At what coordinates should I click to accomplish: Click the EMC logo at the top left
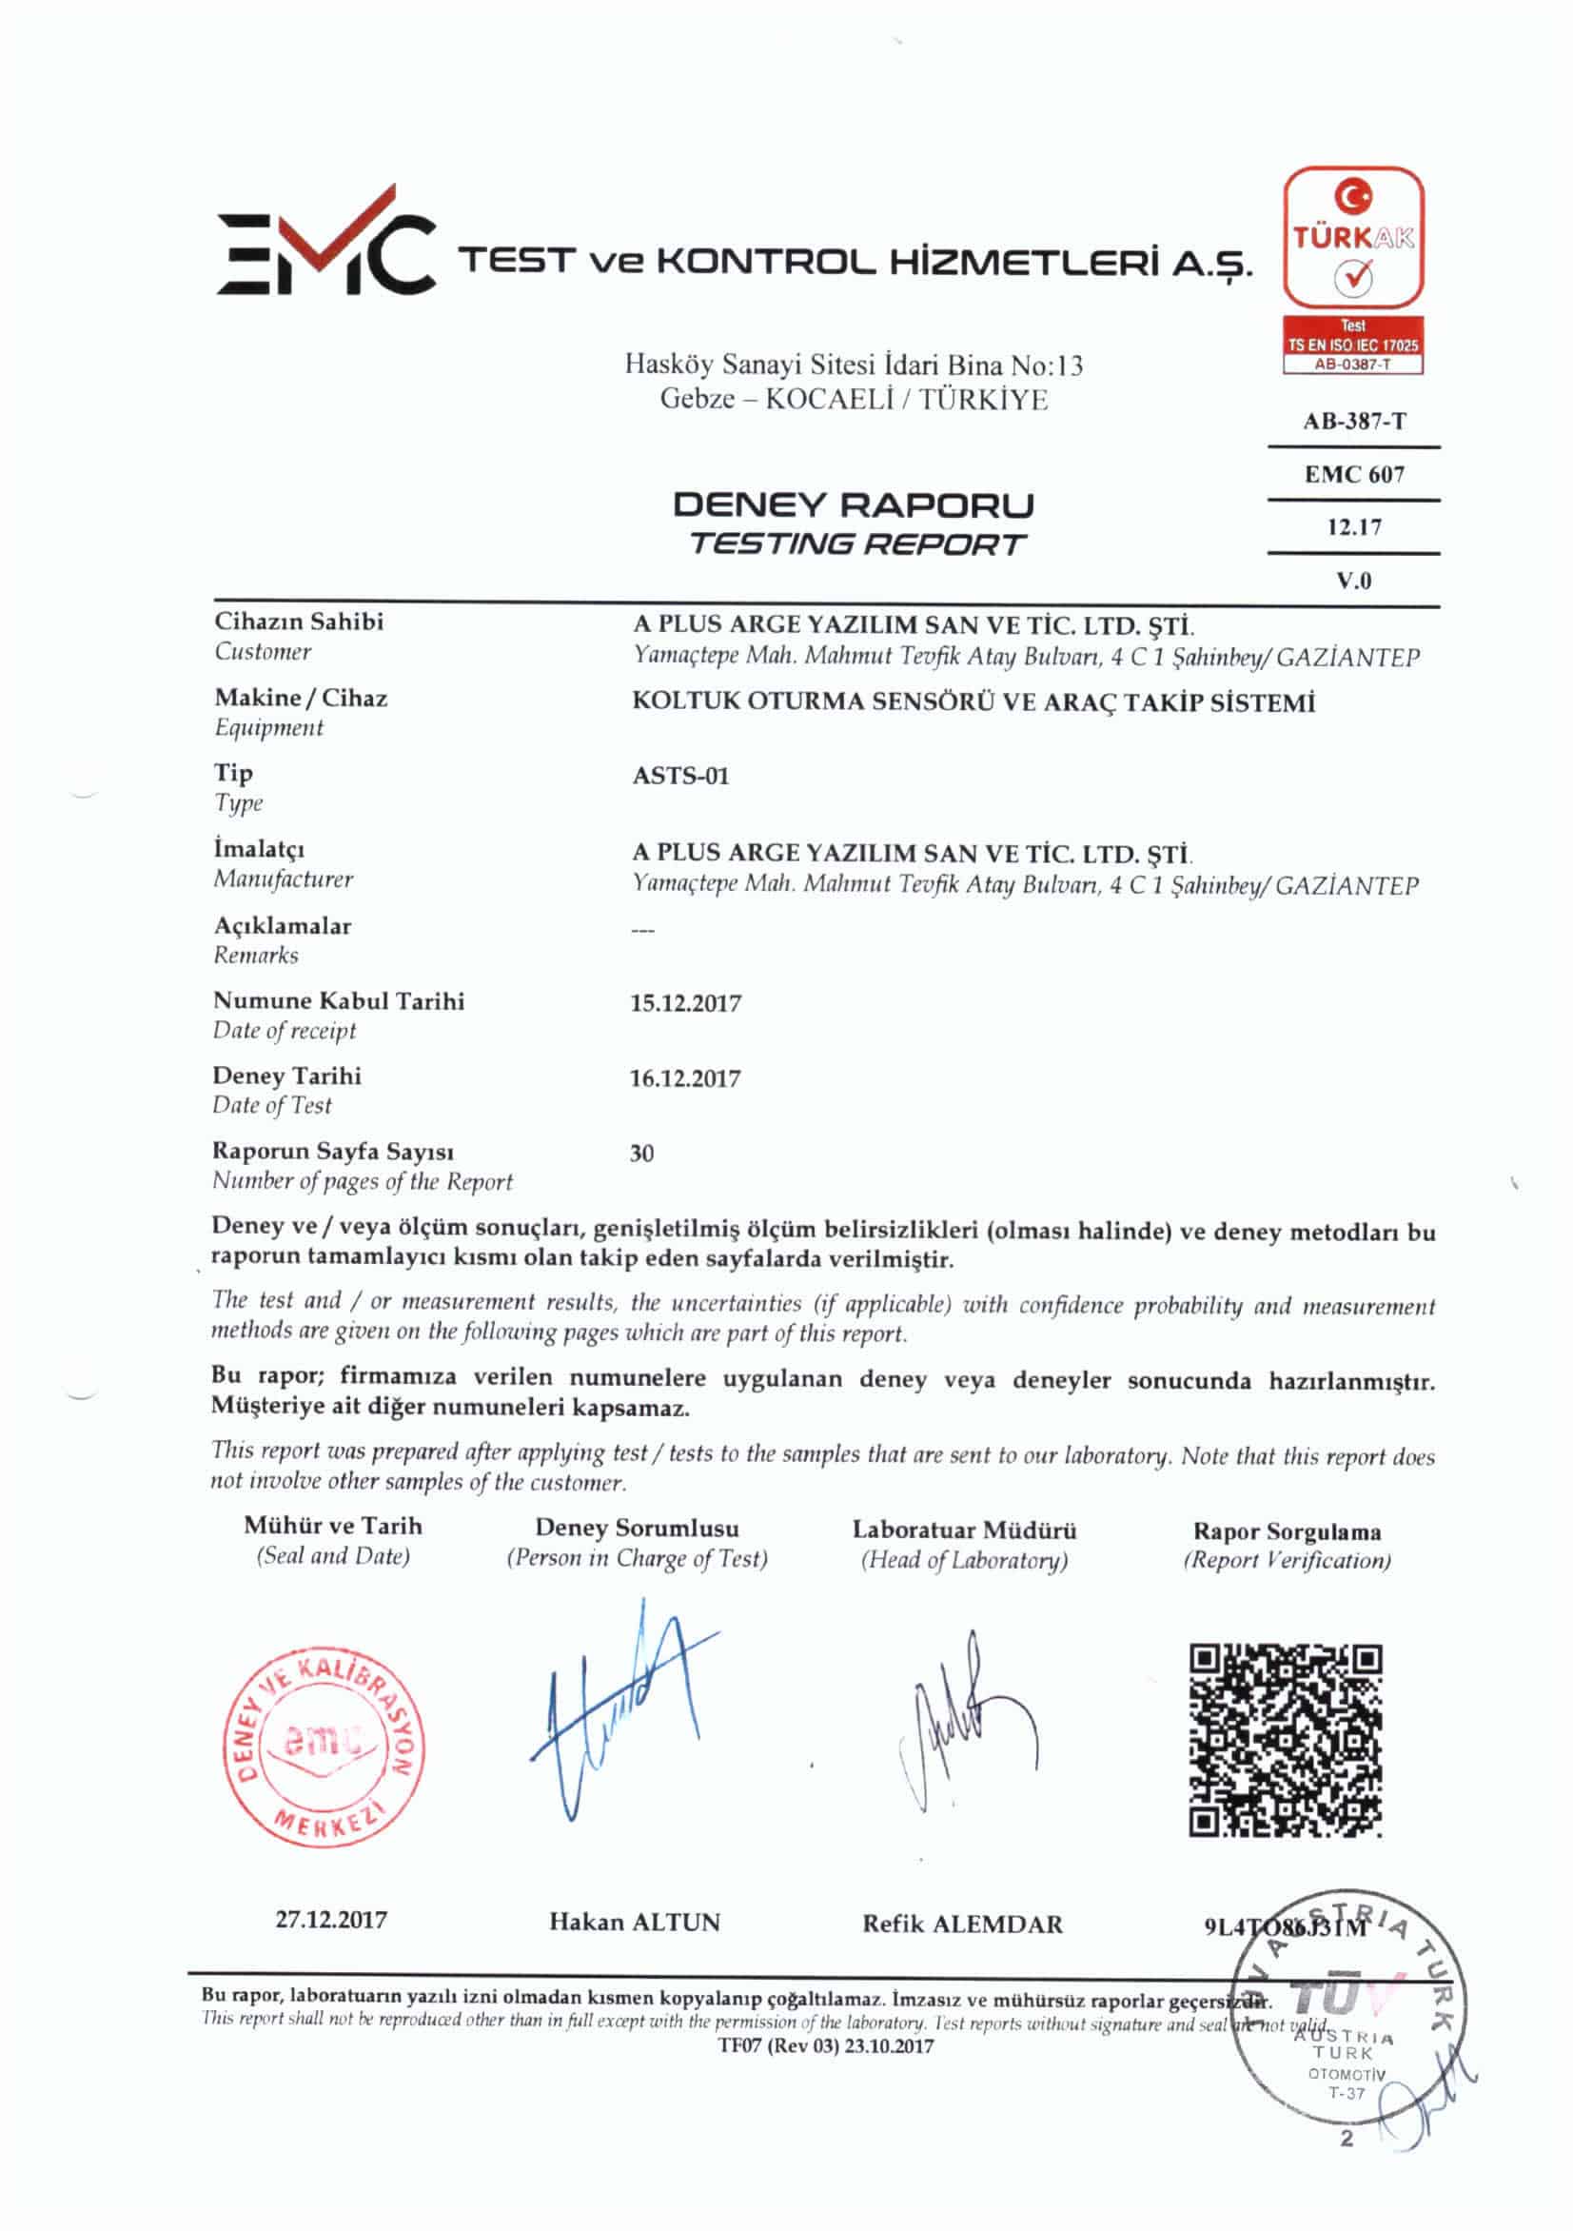click(x=325, y=243)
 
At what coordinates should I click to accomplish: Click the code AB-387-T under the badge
click(x=1353, y=422)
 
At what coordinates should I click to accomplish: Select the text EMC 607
click(x=1353, y=474)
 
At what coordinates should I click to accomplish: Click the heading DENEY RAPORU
click(x=853, y=505)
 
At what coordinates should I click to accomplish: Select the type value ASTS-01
click(x=680, y=777)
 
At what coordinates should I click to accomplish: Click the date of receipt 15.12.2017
click(x=685, y=1004)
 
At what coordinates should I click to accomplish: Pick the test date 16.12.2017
click(x=685, y=1078)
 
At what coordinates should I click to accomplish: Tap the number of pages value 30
click(x=641, y=1154)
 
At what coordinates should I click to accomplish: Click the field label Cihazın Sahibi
click(x=298, y=622)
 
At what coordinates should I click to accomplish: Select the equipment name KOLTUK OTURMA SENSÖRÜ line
click(x=973, y=701)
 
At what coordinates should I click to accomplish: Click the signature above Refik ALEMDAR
click(x=962, y=1725)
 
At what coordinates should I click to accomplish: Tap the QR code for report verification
click(x=1286, y=1740)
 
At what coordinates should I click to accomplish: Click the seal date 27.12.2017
click(x=331, y=1920)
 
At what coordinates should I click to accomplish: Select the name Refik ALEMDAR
click(x=962, y=1924)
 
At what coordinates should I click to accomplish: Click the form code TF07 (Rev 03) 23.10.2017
click(x=826, y=2047)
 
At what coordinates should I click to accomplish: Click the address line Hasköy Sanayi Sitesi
click(x=853, y=366)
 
